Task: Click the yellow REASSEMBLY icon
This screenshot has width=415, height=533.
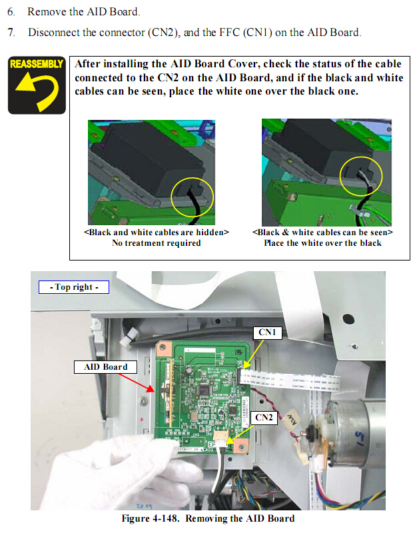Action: click(37, 85)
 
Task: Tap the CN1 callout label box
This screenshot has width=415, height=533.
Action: click(268, 332)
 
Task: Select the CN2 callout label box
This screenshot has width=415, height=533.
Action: click(264, 418)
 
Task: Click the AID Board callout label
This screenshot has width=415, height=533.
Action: click(105, 367)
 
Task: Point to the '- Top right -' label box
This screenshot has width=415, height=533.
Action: click(74, 287)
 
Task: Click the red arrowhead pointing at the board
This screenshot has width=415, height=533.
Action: click(151, 389)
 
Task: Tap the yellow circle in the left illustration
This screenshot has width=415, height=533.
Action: click(192, 197)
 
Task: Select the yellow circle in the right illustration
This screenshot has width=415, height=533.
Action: click(361, 176)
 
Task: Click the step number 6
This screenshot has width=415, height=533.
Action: click(11, 12)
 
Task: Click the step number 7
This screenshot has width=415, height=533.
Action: click(11, 33)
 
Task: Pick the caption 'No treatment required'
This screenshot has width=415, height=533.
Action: click(157, 243)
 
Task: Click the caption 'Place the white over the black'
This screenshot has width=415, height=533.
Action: click(322, 243)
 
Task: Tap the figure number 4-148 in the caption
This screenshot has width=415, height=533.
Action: click(165, 518)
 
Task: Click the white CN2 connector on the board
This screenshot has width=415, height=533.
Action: click(220, 438)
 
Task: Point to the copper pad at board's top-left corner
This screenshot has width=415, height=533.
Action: click(163, 349)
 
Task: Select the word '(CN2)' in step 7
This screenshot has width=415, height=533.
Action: click(164, 33)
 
